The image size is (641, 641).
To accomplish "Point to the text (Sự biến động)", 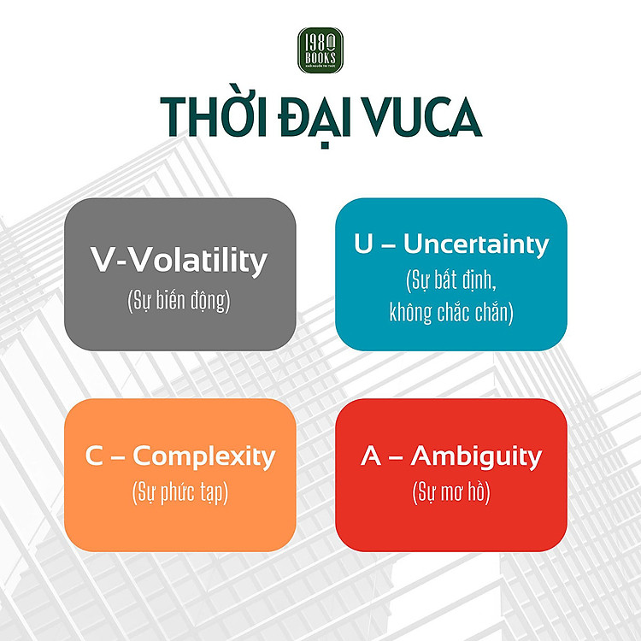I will pos(179,302).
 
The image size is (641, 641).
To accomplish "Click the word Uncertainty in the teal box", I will pos(476,244).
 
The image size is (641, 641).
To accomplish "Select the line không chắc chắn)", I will pos(451,313).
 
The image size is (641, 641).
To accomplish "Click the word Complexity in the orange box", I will pos(204,456).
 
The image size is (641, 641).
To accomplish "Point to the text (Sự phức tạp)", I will pos(179,493).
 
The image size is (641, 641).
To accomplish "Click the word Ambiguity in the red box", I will pos(476,456).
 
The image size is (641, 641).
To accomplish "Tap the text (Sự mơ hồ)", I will pos(451,493).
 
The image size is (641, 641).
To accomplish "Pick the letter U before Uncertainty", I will pos(364,244).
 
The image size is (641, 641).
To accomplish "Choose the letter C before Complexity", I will pos(94,456).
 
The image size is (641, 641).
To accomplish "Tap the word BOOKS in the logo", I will pos(320,56).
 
